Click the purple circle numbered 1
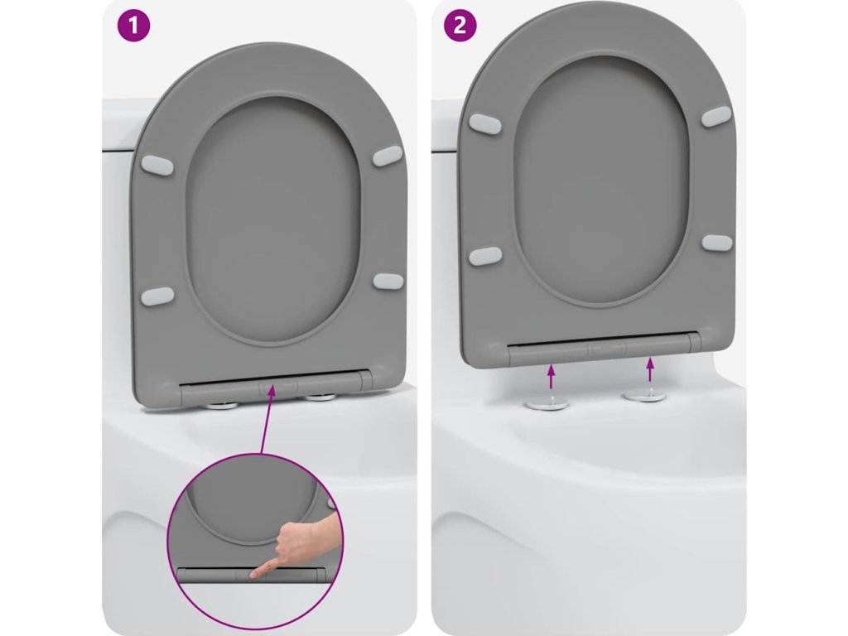pos(133,26)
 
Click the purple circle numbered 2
pos(460,26)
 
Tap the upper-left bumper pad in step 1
pos(157,166)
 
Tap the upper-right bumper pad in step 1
pos(388,157)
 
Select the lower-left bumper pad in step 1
pos(157,296)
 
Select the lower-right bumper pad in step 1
pos(388,282)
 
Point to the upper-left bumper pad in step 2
pos(485,123)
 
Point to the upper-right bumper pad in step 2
pos(716,116)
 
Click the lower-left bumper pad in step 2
pos(485,256)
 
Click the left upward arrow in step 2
pos(551,377)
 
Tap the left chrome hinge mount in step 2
pos(546,404)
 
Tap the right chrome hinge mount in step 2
pos(645,396)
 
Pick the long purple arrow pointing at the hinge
pos(267,418)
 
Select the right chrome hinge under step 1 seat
pos(320,398)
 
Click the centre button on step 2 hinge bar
pos(606,349)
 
